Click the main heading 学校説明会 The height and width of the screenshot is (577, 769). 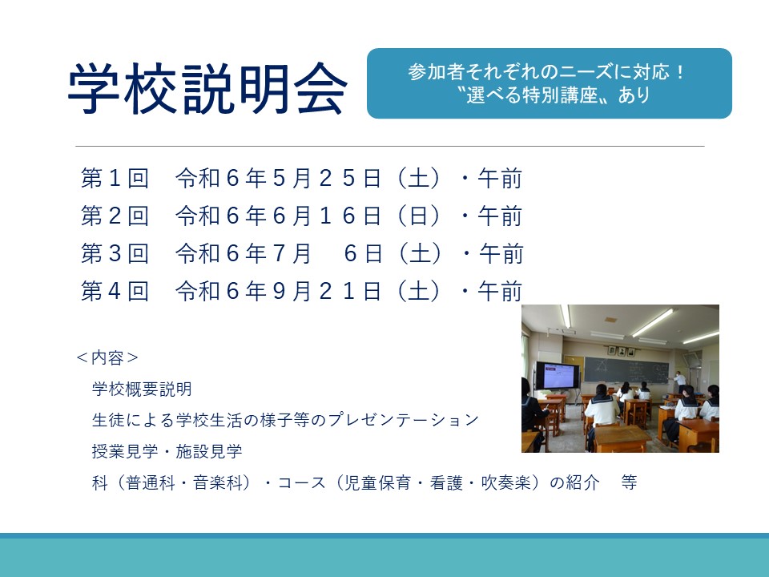207,88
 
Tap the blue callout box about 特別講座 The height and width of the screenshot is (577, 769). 550,83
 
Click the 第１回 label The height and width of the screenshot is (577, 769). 115,178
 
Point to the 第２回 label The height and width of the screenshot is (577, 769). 115,216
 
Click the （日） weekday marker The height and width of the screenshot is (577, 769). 418,216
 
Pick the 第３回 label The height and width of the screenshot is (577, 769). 115,253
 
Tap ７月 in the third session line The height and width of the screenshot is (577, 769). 292,253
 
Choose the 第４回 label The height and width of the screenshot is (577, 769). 115,291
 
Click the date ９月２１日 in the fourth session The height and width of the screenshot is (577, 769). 327,291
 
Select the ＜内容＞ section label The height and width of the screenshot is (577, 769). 107,357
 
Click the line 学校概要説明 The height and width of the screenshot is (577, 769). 142,389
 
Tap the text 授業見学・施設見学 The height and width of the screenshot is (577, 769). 167,451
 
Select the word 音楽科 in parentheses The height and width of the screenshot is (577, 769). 218,482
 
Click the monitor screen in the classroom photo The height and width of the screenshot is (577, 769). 558,377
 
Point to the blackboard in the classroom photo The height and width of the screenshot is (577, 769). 626,369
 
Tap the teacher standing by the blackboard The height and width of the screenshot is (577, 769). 679,381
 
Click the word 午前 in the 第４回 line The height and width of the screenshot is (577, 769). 500,291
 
